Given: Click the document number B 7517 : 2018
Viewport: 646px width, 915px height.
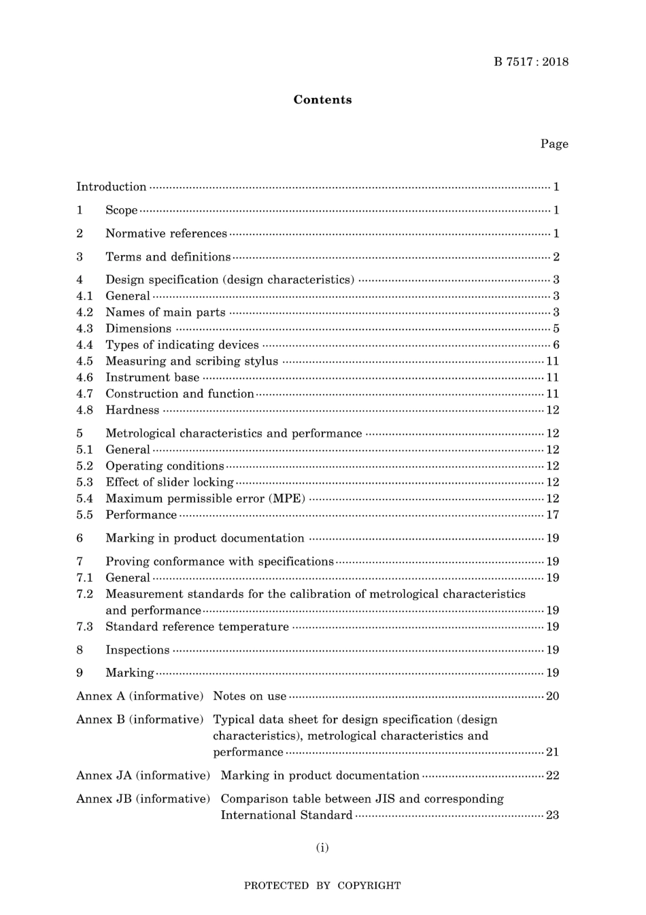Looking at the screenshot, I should coord(531,62).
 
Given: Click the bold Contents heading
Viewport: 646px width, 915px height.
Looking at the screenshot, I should coord(322,100).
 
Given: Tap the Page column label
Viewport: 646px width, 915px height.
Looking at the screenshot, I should coord(554,144).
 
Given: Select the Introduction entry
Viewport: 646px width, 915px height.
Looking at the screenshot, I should coord(112,187).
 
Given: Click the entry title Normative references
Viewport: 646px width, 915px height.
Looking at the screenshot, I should coord(166,233).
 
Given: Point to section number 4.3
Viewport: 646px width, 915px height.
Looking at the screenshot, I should coord(84,329).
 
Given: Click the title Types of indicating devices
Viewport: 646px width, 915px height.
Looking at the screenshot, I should coord(182,345).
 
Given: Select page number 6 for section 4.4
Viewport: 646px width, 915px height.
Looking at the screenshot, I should coord(556,345).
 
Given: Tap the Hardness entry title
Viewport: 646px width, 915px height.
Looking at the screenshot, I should coord(132,410).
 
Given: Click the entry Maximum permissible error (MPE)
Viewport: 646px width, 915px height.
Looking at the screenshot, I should coord(205,499).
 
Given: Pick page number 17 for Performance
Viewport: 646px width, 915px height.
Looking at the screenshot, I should coord(553,515).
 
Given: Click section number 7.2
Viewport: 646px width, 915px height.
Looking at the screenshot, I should coord(84,594).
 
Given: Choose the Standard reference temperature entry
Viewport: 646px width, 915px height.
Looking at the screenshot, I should coord(197,627).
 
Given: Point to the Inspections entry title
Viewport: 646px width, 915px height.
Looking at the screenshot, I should coord(137,650).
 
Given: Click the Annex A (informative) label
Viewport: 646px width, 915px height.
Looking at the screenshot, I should coord(140,696).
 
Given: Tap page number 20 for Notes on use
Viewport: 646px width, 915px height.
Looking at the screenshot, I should coord(553,696).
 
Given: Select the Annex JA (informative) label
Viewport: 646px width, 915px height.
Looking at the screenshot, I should coord(143,776).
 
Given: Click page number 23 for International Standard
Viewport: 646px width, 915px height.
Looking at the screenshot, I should coord(553,815).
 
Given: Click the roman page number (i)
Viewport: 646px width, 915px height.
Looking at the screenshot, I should coord(322,848).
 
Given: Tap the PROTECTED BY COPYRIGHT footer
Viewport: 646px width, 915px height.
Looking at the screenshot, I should coord(322,886).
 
